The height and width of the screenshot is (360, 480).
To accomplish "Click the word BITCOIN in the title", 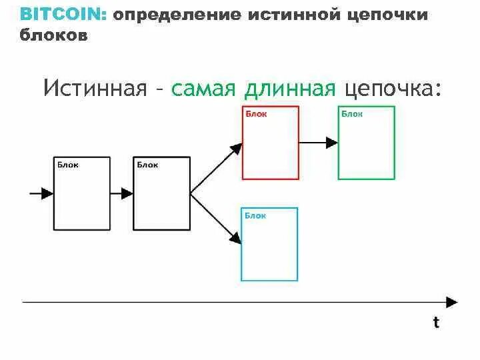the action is (61, 15).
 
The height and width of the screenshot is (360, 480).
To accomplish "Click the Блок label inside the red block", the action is (256, 114).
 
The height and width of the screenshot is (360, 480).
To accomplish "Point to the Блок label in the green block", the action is (352, 114).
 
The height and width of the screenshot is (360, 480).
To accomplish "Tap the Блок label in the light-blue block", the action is (255, 215).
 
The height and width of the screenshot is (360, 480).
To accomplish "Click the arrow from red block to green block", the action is (318, 142).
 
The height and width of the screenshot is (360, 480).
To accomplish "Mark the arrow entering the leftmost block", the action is (42, 193).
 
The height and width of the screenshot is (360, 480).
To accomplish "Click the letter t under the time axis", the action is (436, 323).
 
